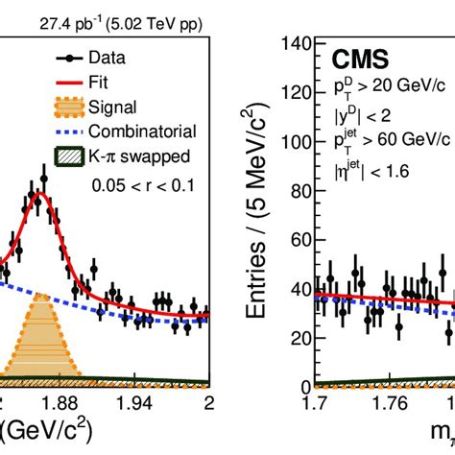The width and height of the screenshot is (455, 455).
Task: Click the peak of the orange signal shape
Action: click(x=41, y=295)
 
